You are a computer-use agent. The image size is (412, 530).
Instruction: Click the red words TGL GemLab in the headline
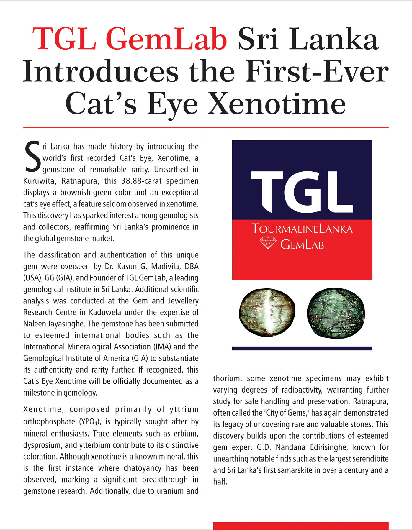coord(130,39)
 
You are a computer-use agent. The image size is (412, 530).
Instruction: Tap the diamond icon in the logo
coord(268,243)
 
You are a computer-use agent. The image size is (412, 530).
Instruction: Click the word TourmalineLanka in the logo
coord(302,229)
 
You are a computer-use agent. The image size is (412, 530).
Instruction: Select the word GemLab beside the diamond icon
coord(302,245)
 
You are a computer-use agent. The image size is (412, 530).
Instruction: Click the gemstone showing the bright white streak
coord(267,313)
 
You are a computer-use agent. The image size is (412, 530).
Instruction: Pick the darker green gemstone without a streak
coord(336,313)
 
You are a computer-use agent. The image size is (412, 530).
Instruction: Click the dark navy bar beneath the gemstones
coord(302,348)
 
